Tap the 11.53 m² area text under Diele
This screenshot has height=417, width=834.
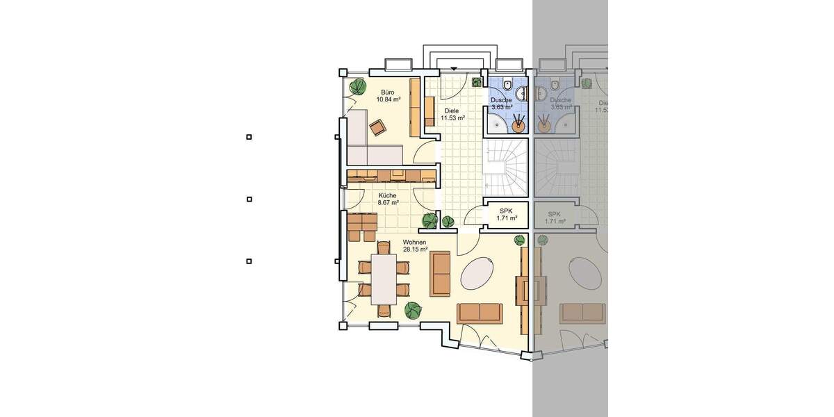click(452, 118)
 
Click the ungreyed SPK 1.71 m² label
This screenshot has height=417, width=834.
click(507, 214)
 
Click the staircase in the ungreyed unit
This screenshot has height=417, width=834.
click(505, 168)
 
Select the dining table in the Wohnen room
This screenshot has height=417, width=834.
click(383, 279)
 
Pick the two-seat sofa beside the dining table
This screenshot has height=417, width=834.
click(440, 273)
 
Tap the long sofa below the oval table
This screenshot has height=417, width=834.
click(480, 313)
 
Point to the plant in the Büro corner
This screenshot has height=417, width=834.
click(358, 87)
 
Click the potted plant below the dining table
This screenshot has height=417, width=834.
click(413, 309)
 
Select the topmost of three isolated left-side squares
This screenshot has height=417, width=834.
click(249, 137)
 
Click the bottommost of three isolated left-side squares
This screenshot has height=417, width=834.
click(249, 261)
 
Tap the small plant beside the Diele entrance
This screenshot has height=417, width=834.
click(477, 82)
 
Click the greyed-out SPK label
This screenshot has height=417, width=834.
click(554, 218)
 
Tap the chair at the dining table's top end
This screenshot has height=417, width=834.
click(383, 247)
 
